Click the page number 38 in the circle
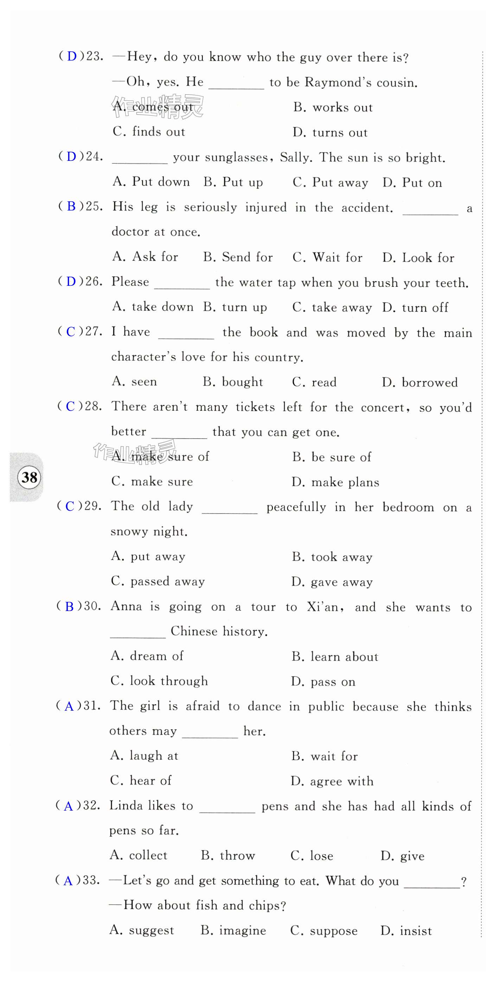coord(29,477)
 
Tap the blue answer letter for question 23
coord(72,56)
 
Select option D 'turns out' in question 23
coord(330,132)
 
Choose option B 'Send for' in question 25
coord(238,257)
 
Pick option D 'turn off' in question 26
coord(415,307)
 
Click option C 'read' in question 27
coord(314,382)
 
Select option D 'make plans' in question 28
coord(335,482)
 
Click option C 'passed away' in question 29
coord(158,581)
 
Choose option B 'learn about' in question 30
coord(335,656)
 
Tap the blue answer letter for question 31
coord(69,706)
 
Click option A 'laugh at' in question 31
coord(144,756)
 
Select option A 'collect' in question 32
coord(138,855)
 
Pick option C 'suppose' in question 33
coord(324,931)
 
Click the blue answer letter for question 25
coord(71,206)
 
